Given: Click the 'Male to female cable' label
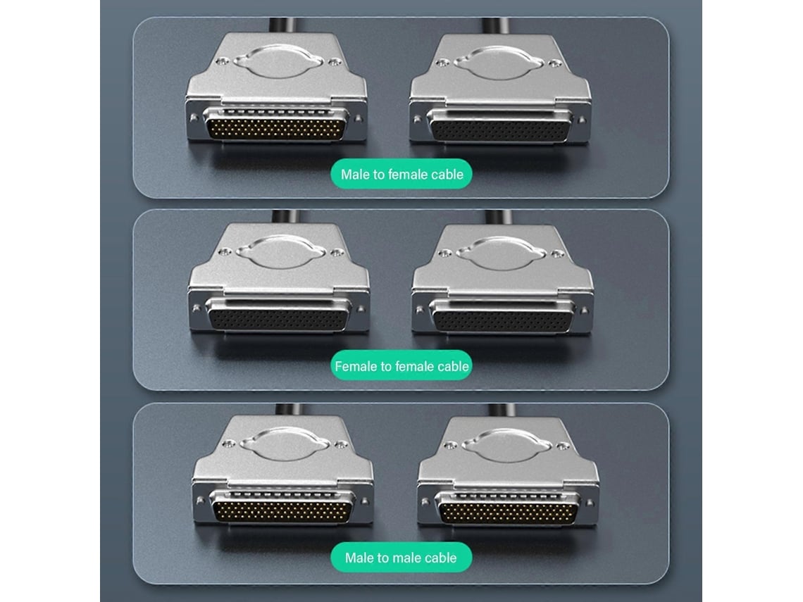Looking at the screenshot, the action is point(401,175).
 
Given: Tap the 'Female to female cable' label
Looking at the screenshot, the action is point(401,366).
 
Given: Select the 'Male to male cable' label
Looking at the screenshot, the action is point(401,558).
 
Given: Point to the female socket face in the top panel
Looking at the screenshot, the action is point(499,126).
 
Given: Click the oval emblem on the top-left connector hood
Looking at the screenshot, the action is point(279,61).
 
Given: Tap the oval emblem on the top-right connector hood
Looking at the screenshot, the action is point(499,63).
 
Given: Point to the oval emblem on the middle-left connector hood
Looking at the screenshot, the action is point(280,252).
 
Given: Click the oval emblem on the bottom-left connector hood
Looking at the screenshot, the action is point(284,444).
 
